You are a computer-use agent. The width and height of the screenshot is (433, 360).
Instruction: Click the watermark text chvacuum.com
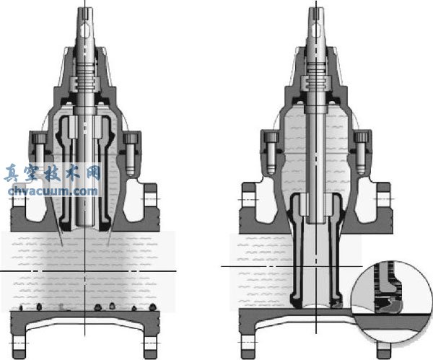pyautogui.click(x=53, y=191)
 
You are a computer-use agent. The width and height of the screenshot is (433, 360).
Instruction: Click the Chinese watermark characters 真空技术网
pyautogui.click(x=53, y=173)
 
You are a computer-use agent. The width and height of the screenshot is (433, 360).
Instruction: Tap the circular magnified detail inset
pyautogui.click(x=392, y=302)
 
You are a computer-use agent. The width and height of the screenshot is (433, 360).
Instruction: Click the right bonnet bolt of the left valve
pyautogui.click(x=129, y=154)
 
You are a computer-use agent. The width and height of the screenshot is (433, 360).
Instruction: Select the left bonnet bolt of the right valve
pyautogui.click(x=271, y=153)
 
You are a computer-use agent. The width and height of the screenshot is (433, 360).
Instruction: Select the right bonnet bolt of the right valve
pyautogui.click(x=362, y=153)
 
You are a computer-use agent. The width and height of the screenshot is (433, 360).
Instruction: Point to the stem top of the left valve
pyautogui.click(x=85, y=17)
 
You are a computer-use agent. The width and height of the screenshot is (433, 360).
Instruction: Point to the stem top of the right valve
pyautogui.click(x=317, y=17)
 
